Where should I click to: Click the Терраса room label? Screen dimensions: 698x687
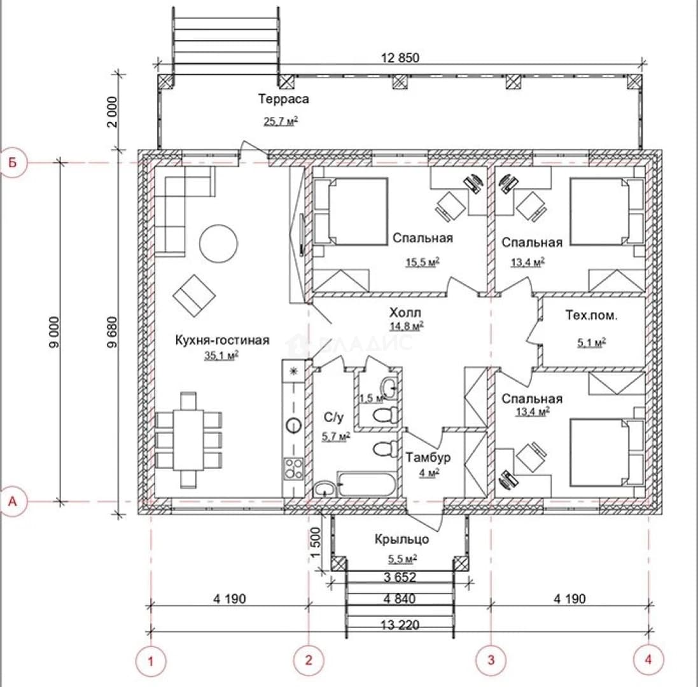[x=284, y=99]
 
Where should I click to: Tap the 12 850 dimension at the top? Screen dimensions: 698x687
[x=400, y=58]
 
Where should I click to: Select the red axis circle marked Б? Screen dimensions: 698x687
[x=13, y=163]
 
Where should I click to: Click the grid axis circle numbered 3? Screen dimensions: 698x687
[x=491, y=660]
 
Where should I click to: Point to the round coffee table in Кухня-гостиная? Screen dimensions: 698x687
[x=219, y=244]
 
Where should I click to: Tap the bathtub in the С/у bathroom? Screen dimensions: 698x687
[x=366, y=485]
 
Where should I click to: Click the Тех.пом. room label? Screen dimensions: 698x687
[x=592, y=316]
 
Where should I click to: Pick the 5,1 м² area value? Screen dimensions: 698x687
[x=592, y=343]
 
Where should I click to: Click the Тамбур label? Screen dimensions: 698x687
[x=428, y=457]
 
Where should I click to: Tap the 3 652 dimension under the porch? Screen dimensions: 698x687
[x=400, y=577]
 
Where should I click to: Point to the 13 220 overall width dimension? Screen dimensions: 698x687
[x=400, y=625]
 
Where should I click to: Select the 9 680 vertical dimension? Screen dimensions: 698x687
[x=112, y=332]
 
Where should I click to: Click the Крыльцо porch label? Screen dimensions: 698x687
[x=401, y=539]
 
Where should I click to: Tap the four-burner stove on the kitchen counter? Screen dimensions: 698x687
[x=294, y=469]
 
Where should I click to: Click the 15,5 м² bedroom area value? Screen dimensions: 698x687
[x=422, y=262]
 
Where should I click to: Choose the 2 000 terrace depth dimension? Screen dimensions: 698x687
[x=112, y=112]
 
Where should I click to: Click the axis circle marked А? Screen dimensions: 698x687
[x=13, y=501]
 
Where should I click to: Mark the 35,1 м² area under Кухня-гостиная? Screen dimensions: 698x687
[x=221, y=355]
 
